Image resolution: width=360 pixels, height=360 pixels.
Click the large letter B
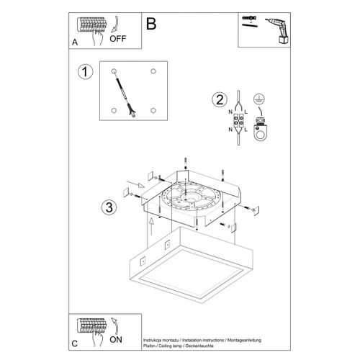(x=150, y=24)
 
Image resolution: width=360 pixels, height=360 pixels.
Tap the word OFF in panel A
(x=117, y=40)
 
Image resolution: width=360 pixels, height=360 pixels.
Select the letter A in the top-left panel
(x=75, y=42)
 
